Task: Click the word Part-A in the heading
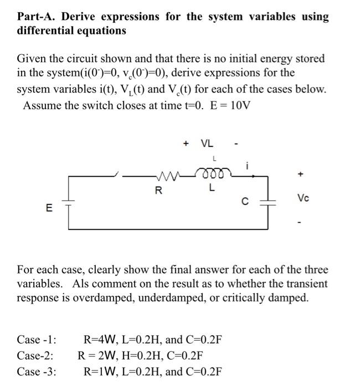[x=38, y=17]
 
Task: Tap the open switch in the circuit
[x=119, y=176]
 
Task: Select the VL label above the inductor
[x=207, y=144]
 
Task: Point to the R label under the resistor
[x=159, y=191]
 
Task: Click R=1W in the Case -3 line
[x=100, y=371]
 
